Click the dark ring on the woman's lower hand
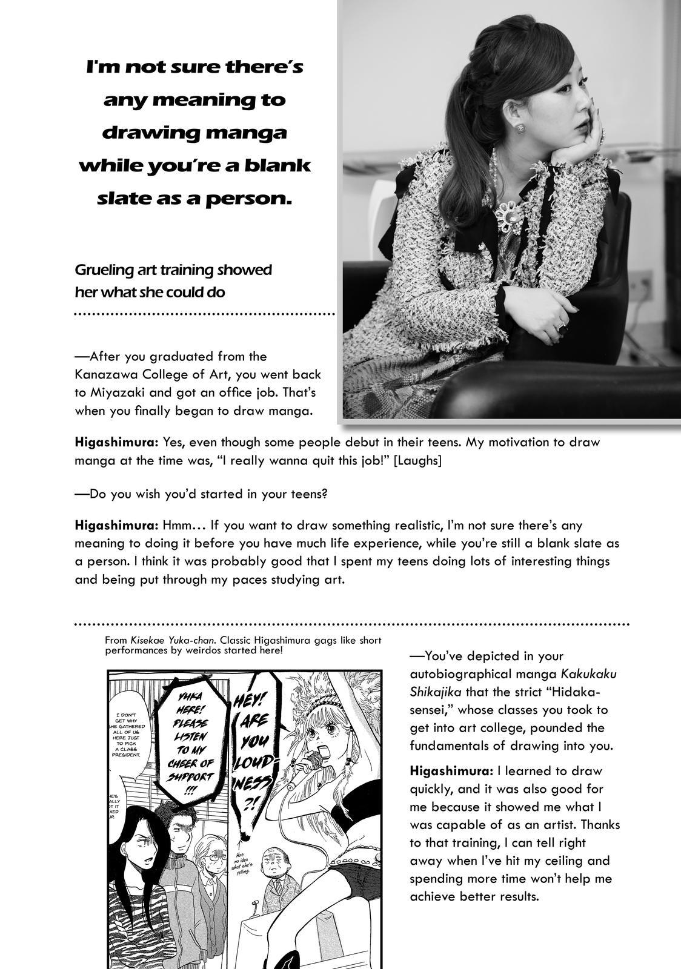(x=561, y=328)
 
